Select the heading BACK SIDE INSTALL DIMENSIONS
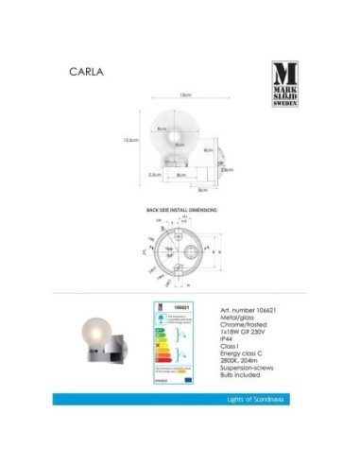coord(182,207)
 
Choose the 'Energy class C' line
coord(243,361)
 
